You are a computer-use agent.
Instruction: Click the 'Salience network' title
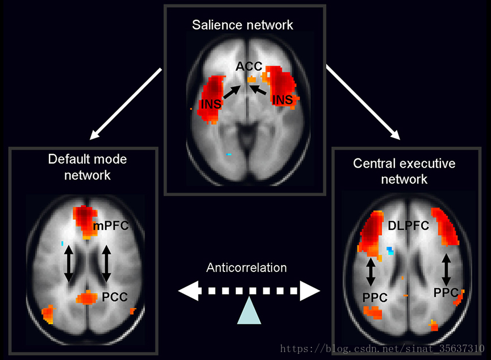(243, 25)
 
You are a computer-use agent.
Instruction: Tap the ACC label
(249, 66)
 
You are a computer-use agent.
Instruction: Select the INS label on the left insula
(210, 104)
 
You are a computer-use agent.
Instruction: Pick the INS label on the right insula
(282, 100)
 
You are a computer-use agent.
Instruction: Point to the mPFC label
(111, 226)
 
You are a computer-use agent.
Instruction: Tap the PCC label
(115, 296)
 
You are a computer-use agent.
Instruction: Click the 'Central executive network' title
(404, 171)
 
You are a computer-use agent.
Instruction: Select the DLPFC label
(409, 226)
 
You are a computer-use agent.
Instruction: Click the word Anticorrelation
(247, 267)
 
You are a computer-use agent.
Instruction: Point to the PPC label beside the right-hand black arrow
(445, 293)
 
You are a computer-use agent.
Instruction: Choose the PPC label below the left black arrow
(375, 297)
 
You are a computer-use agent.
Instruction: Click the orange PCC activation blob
(87, 297)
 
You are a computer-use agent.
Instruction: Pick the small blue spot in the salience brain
(229, 154)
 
